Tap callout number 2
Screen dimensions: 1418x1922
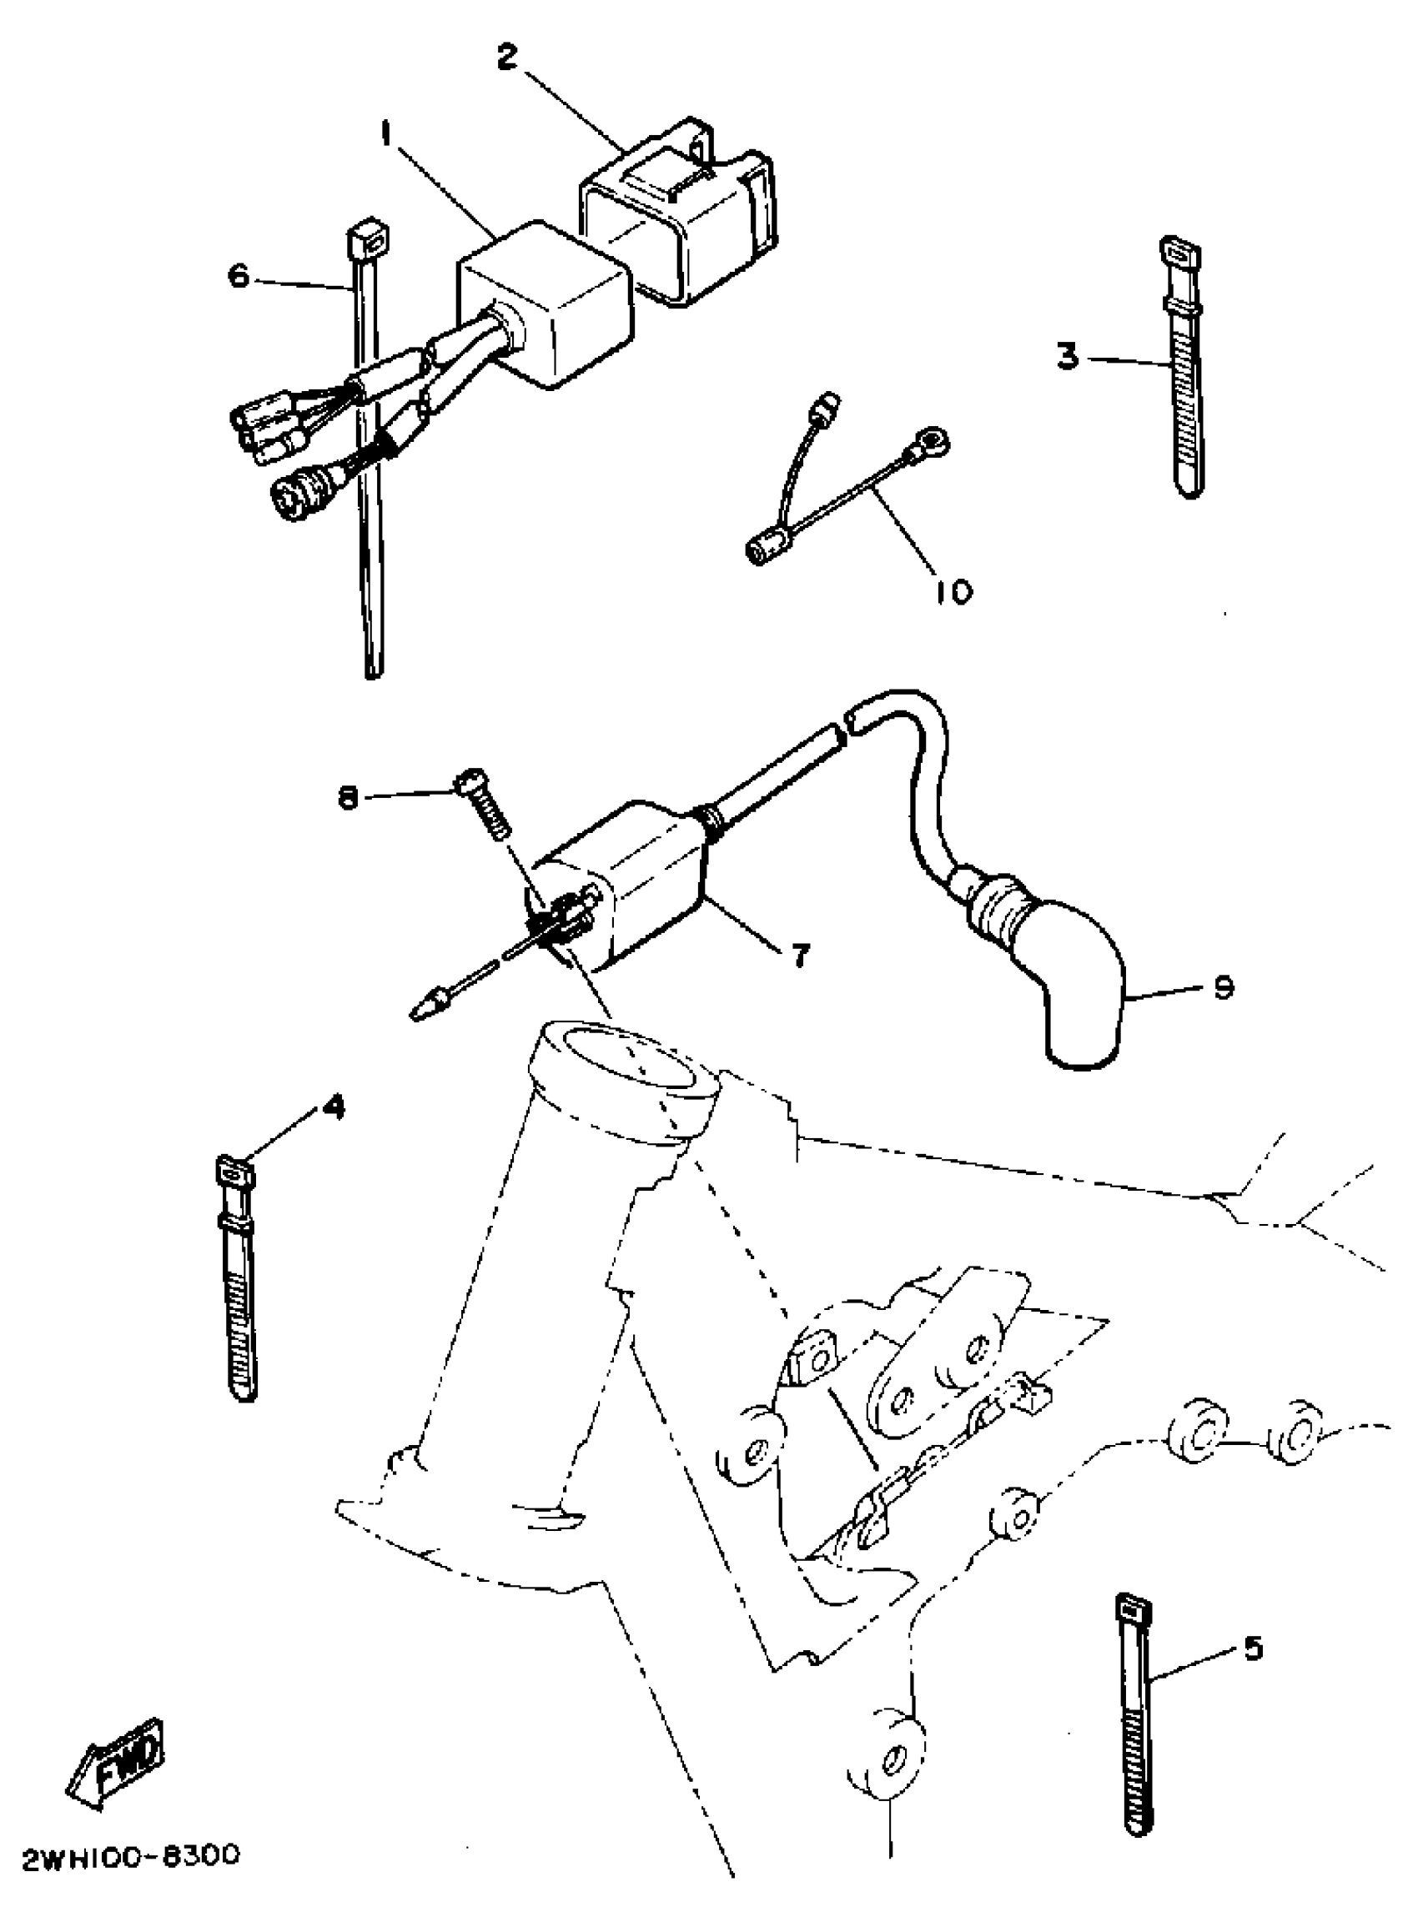(x=508, y=58)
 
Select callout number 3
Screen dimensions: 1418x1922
(x=1067, y=356)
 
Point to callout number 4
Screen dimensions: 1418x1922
(x=333, y=1107)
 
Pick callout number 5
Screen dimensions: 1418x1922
(x=1253, y=1649)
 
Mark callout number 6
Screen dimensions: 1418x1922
(x=239, y=276)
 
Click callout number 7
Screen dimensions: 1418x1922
(x=799, y=954)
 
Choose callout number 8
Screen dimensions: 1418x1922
(x=347, y=798)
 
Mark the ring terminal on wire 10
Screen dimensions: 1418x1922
(x=934, y=443)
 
